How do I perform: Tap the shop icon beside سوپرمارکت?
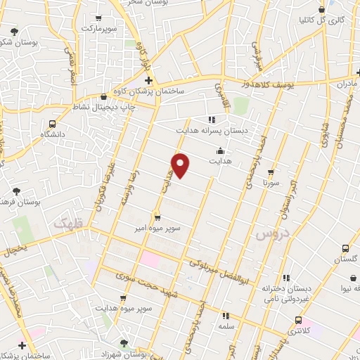click(98, 18)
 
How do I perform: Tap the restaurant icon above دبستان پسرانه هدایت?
click(212, 120)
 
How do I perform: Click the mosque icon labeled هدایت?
click(221, 150)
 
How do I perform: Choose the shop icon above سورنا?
click(271, 172)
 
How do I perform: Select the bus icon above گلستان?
click(345, 249)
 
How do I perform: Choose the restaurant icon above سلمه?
click(226, 316)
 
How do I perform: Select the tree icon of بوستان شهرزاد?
click(124, 342)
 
